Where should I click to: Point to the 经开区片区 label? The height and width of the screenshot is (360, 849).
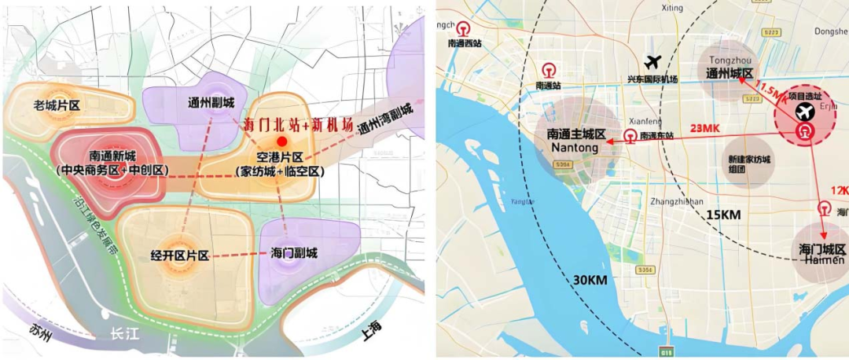[180, 255]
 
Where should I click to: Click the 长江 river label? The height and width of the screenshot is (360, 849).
[125, 335]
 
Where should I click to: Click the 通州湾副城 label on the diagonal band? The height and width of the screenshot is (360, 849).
[384, 119]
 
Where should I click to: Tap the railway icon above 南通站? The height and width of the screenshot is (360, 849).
[548, 70]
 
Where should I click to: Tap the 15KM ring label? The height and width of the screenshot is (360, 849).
[724, 214]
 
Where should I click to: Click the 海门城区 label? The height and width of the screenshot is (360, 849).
[818, 249]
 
